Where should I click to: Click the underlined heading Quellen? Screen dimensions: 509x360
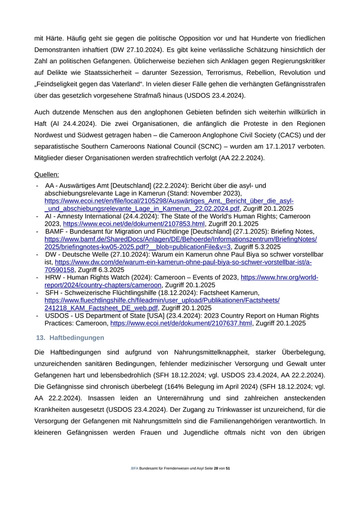[x=46, y=174]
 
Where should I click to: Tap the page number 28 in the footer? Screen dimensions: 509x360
[x=216, y=469]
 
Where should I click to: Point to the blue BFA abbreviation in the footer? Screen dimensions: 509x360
[x=135, y=469]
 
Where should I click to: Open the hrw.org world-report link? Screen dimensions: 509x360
[x=279, y=277]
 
